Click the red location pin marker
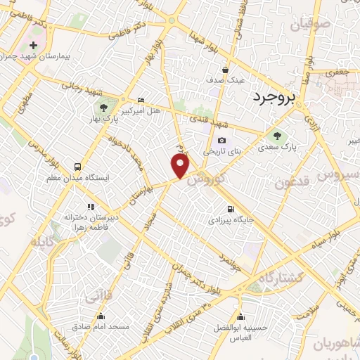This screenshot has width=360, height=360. point(181,167)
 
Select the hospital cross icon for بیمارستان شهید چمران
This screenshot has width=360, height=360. point(33,46)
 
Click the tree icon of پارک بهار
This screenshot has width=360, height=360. point(103,108)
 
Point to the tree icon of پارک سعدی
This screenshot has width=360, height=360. point(276,136)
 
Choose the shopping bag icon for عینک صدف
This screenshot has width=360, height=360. point(225,70)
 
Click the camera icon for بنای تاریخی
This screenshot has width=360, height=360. point(222,141)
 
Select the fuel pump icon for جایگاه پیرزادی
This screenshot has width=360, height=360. point(231,210)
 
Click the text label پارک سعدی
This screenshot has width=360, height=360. point(275,148)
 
